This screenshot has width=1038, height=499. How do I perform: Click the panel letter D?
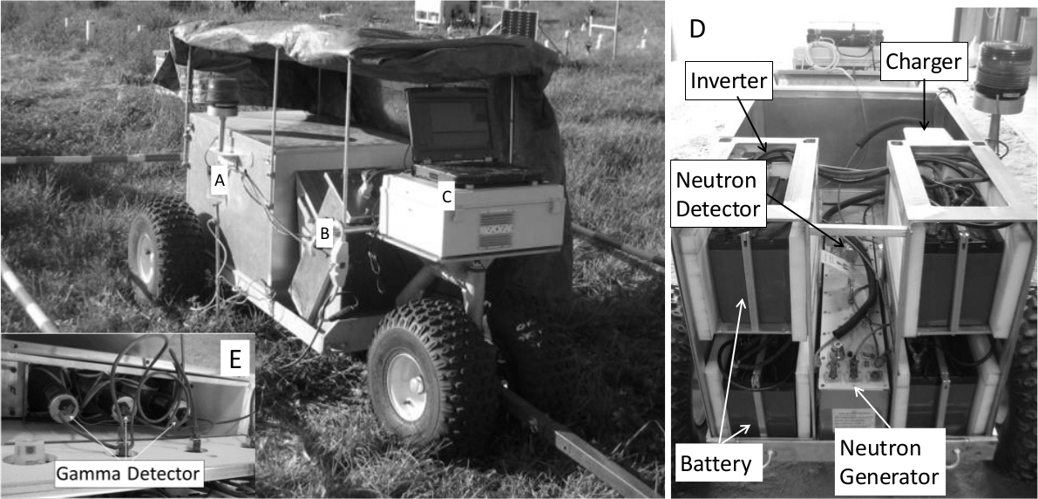tap(698, 28)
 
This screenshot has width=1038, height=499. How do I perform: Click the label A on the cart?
tap(220, 180)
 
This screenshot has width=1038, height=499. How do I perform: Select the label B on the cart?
tap(324, 234)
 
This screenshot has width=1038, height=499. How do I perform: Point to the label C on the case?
tap(446, 197)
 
